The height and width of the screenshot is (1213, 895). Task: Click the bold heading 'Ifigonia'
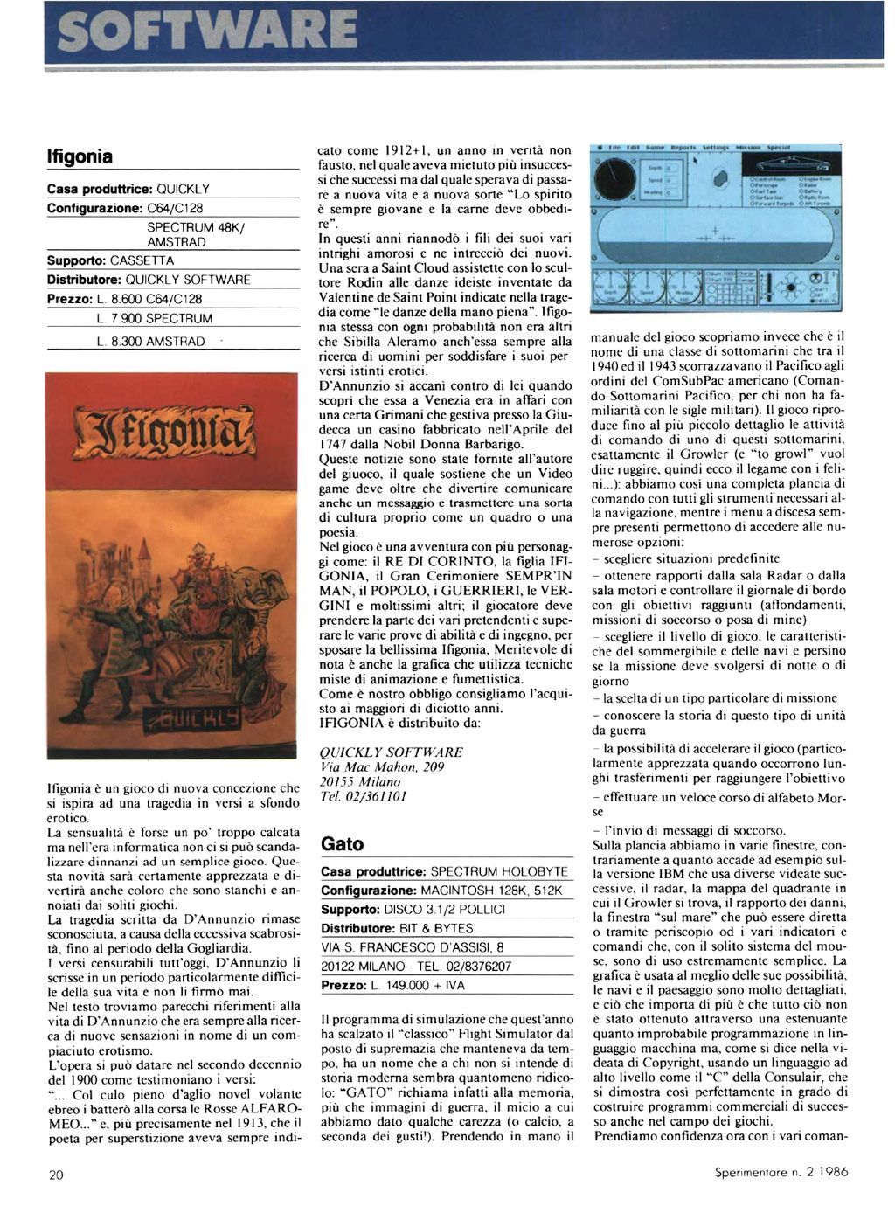click(80, 157)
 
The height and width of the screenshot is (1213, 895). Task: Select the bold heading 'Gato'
click(343, 844)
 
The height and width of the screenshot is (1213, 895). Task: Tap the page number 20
click(56, 1175)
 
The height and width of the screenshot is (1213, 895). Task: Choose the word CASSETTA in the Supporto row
click(142, 260)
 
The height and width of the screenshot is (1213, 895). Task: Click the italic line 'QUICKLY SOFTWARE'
click(392, 752)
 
